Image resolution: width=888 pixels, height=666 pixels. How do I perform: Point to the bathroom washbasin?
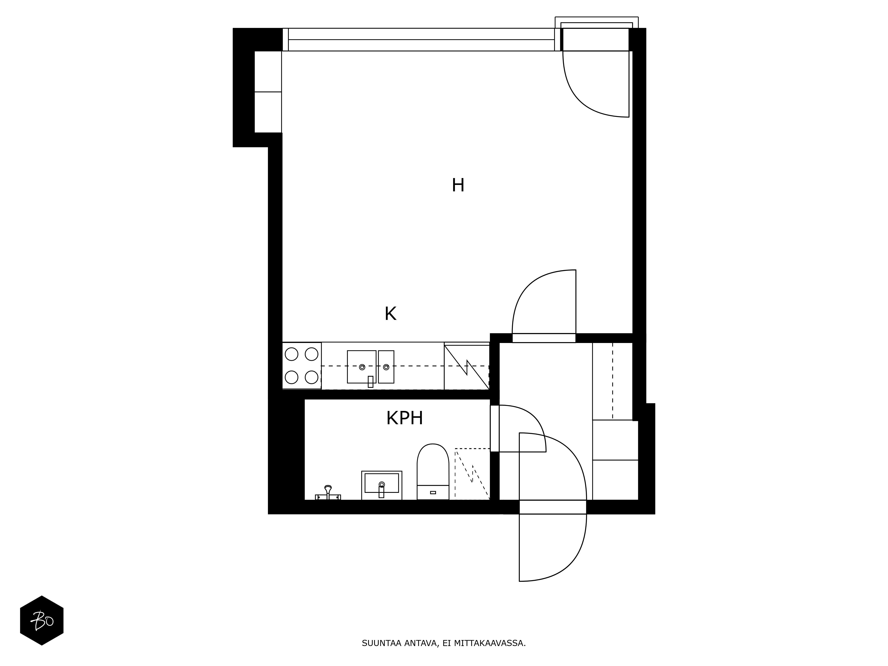(x=381, y=485)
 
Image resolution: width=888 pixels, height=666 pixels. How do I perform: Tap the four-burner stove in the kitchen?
(x=301, y=366)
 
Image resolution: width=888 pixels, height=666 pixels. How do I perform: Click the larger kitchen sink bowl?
(x=361, y=367)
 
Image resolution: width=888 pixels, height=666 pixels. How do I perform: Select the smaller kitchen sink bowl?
(x=386, y=367)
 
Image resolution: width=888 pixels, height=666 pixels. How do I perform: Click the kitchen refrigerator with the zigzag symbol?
(x=466, y=366)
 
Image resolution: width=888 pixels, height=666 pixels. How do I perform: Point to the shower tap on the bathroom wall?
(x=328, y=493)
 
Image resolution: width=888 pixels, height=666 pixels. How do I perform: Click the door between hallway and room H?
(x=544, y=338)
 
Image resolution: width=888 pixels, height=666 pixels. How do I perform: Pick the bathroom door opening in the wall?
(x=495, y=428)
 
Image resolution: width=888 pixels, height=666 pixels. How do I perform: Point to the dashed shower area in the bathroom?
(x=472, y=474)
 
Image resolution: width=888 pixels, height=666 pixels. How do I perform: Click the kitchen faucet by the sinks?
(x=370, y=381)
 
